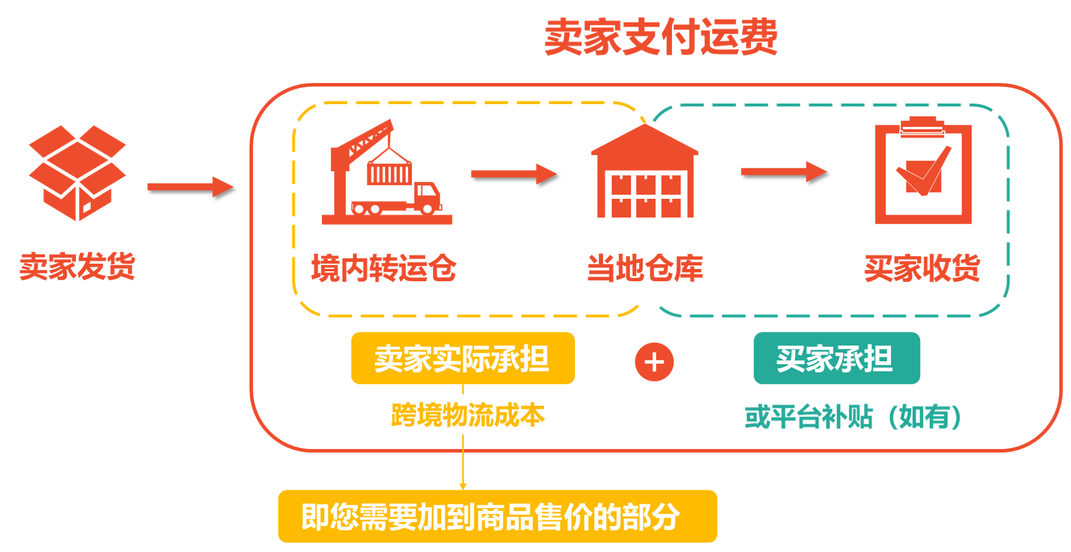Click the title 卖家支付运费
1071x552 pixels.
660,37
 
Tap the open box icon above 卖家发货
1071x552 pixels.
77,173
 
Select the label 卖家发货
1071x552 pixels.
77,266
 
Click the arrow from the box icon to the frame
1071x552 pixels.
190,187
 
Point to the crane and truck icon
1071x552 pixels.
387,172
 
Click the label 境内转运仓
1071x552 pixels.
384,268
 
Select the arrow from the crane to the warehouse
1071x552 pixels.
514,174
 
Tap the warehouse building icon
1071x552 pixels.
645,171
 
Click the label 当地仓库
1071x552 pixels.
645,268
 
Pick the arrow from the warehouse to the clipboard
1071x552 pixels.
784,172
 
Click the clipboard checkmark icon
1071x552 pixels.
923,170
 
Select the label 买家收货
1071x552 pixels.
922,268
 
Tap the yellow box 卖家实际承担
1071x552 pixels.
463,358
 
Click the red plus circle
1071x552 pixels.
654,362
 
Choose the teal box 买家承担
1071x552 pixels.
837,358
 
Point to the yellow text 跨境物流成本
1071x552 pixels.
468,415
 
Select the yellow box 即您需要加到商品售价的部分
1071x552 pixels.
498,516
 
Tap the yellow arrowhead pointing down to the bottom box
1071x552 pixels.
463,486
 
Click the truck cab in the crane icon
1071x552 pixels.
427,195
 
